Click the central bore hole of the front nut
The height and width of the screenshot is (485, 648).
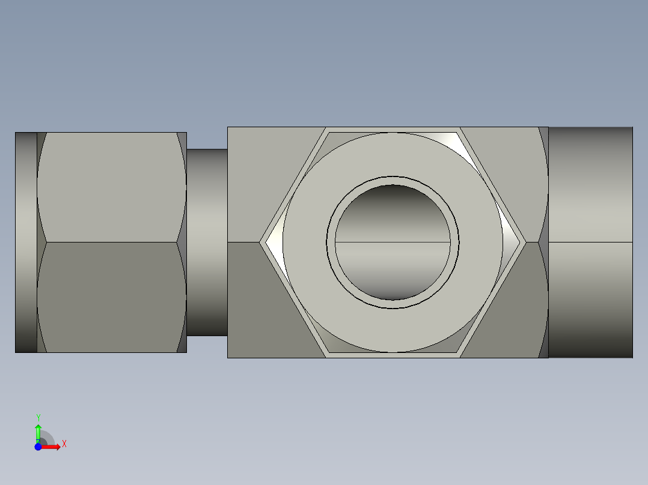(393, 242)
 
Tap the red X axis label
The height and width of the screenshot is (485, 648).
(64, 444)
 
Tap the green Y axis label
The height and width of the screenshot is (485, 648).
(38, 417)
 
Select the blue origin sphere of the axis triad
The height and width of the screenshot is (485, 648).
(38, 447)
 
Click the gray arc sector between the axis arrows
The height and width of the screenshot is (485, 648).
(47, 438)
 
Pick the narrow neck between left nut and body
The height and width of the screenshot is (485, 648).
(207, 242)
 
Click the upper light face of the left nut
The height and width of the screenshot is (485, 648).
(112, 187)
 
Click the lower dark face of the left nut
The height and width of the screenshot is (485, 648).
(112, 297)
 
